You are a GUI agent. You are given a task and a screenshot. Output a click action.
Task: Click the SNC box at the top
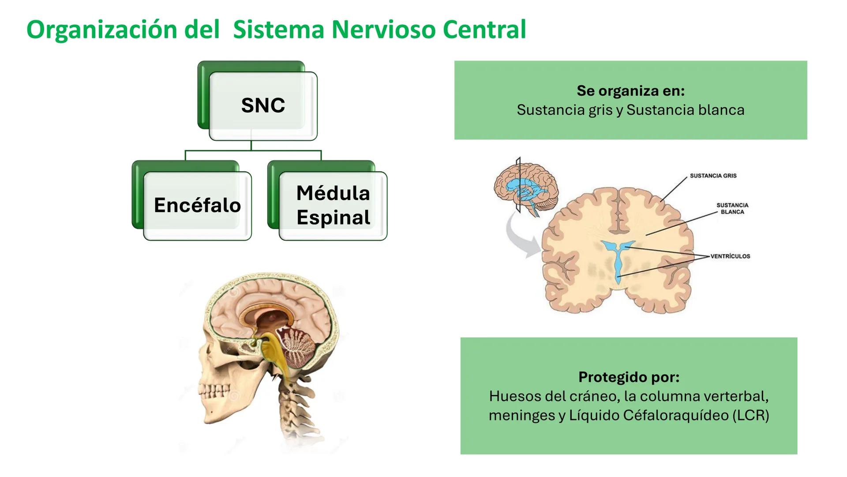click(x=263, y=106)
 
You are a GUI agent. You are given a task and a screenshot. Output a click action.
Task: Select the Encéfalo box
click(x=197, y=205)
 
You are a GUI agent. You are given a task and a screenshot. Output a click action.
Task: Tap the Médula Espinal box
click(x=333, y=205)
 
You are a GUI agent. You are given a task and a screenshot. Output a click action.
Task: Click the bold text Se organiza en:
click(x=630, y=91)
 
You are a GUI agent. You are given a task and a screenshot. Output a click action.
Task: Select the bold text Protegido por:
click(x=629, y=377)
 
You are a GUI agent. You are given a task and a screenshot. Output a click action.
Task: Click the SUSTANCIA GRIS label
click(x=713, y=176)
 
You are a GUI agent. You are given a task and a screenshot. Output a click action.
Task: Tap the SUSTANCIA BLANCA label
click(x=732, y=208)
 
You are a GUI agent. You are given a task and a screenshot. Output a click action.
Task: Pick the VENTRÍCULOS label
click(x=730, y=256)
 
